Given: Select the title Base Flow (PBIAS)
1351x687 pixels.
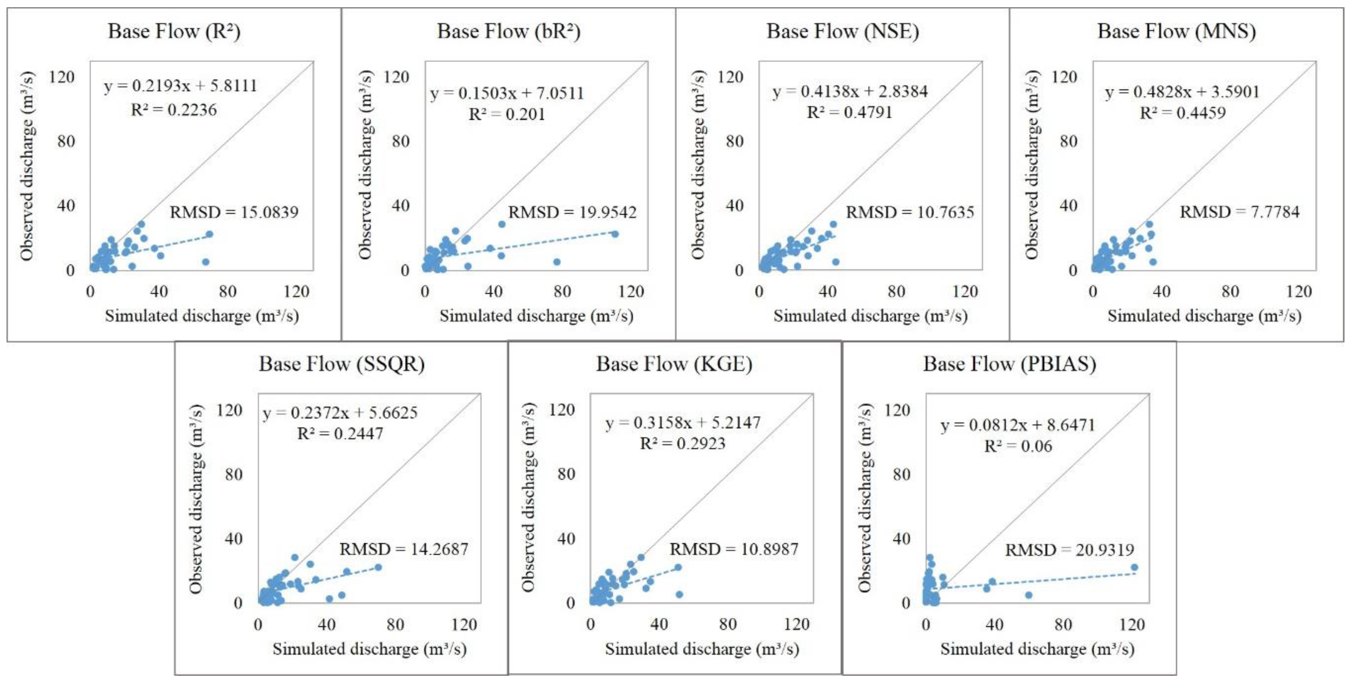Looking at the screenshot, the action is (1010, 363).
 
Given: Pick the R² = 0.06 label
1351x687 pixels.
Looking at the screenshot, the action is (1018, 446).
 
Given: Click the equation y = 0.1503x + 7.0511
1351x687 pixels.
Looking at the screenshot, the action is (507, 93).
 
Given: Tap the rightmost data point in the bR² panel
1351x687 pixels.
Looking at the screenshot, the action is (615, 234).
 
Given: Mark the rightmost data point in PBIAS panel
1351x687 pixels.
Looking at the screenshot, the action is (1134, 567).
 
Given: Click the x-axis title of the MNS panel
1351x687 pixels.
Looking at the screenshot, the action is (1204, 316).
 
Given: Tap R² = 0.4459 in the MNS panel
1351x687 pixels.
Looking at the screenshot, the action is (1183, 113).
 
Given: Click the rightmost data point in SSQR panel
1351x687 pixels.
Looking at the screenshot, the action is (378, 567).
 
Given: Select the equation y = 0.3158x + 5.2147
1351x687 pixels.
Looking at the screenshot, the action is (683, 423).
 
